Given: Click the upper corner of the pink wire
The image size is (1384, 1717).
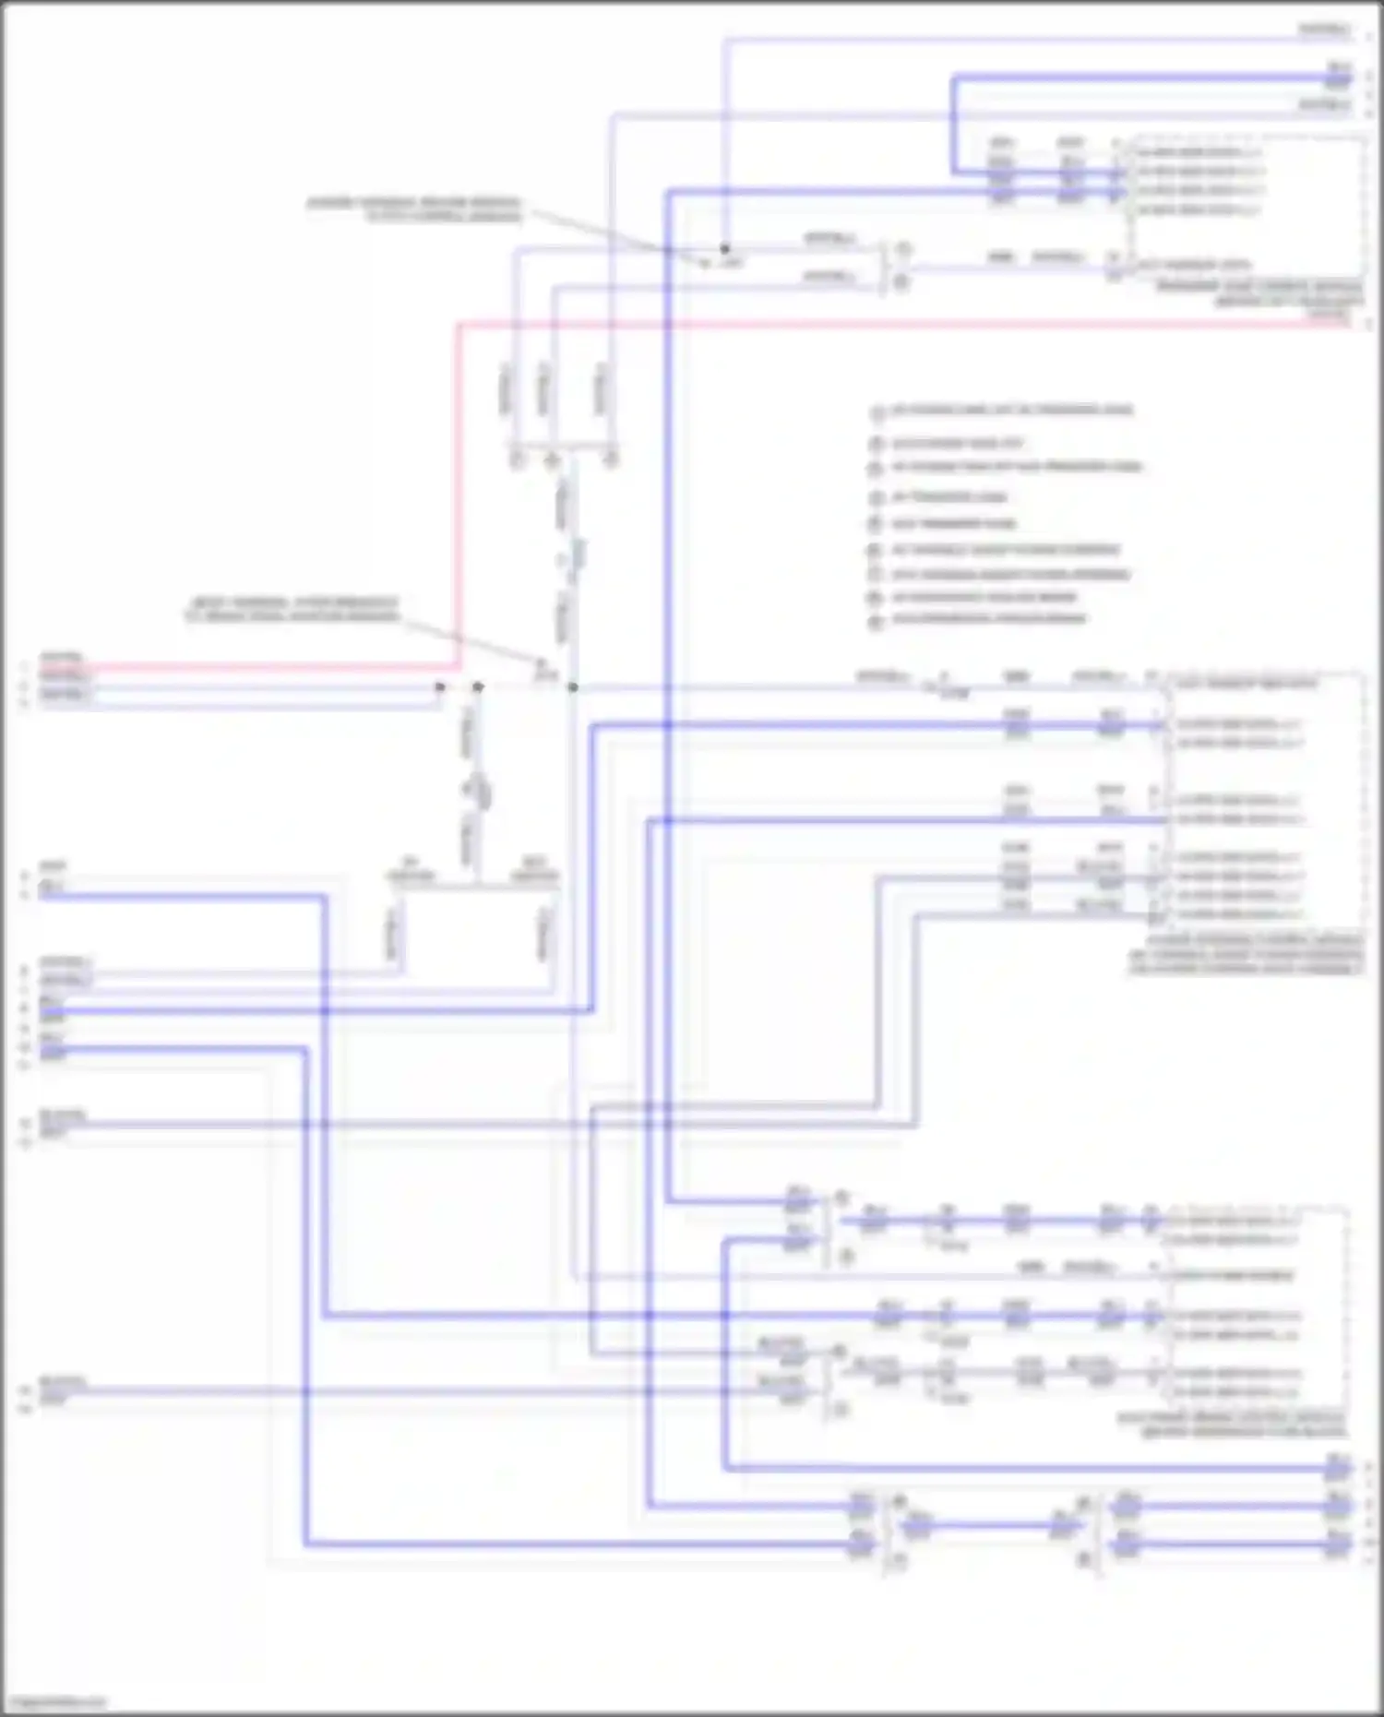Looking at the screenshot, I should click(x=459, y=325).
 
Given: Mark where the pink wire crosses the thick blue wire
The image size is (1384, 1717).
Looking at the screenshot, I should click(x=668, y=324).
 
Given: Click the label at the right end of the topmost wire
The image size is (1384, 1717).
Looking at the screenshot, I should click(x=1323, y=30).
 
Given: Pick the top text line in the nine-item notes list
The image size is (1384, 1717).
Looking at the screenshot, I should click(x=1011, y=410).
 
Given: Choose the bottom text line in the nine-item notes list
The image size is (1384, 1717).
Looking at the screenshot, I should click(x=988, y=618).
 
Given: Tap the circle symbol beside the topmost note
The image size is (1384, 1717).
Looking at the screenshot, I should click(x=876, y=412).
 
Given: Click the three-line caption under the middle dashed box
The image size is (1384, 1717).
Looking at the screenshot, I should click(x=1246, y=954).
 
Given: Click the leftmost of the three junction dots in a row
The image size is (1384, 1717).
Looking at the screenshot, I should click(x=440, y=687).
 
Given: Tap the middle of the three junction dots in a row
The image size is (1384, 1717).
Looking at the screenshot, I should click(x=478, y=687).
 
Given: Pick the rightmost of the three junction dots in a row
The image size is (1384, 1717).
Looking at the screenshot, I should click(x=573, y=687).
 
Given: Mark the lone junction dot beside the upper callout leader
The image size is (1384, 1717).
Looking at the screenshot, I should click(x=725, y=248).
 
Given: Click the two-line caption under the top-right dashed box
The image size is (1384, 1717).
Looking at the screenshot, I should click(x=1259, y=294).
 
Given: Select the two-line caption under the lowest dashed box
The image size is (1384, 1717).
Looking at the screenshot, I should click(x=1233, y=1425).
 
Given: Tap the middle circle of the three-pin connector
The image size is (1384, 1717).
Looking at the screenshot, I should click(x=552, y=459).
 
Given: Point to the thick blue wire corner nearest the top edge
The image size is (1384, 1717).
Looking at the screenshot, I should click(x=954, y=79).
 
